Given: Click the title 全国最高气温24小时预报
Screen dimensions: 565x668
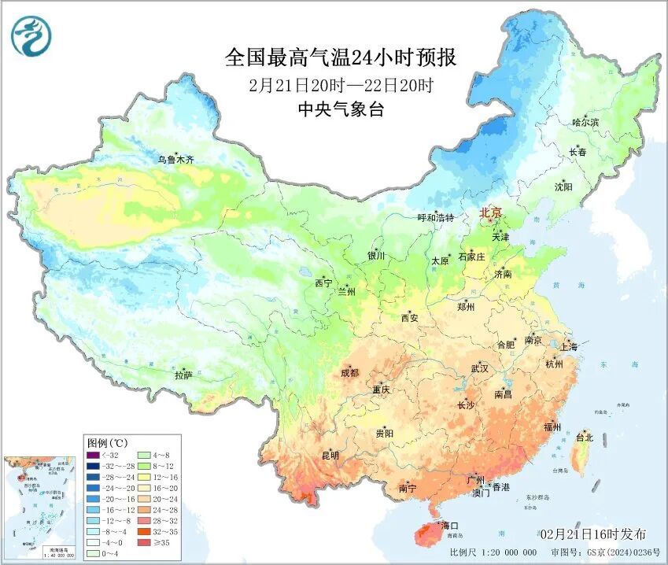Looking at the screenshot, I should click(x=340, y=58).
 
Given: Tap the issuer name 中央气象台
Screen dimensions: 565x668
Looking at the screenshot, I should click(x=340, y=110).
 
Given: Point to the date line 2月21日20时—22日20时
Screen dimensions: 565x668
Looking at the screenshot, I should click(x=340, y=85).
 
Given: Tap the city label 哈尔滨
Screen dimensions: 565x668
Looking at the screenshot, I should click(x=585, y=123).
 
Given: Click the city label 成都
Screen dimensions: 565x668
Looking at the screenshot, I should click(x=349, y=372).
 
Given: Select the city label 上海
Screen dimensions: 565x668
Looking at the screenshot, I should click(x=568, y=347).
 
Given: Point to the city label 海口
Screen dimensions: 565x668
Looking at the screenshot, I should click(x=449, y=525).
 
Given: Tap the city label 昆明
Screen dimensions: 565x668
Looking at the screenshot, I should click(x=330, y=455).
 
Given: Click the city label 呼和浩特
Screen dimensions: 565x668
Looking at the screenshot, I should click(x=435, y=217).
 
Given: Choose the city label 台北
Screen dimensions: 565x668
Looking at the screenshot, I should click(x=585, y=437).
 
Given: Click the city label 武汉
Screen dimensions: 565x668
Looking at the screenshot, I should click(x=479, y=368).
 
